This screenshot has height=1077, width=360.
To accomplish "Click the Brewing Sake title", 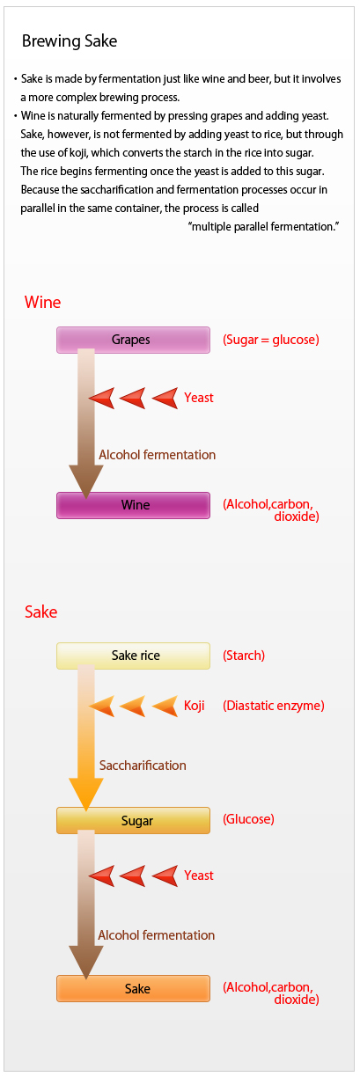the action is click(x=70, y=41).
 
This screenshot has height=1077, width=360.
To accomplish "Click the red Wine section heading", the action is click(x=43, y=303).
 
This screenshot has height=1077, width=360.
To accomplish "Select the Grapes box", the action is click(x=133, y=340).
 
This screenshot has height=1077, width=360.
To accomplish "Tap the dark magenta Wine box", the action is click(x=133, y=505).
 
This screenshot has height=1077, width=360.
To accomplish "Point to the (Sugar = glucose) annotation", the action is click(x=271, y=340).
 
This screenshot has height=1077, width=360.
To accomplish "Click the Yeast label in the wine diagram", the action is click(x=199, y=398).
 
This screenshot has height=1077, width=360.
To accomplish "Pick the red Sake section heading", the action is click(x=40, y=612).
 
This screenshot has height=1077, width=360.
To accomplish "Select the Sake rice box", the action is click(x=133, y=656).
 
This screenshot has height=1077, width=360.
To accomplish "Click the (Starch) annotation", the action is click(x=244, y=656).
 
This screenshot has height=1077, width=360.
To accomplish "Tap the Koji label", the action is click(x=195, y=706).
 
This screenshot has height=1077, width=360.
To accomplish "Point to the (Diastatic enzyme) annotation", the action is click(x=274, y=706).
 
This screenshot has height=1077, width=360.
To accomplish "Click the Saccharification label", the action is click(x=143, y=766).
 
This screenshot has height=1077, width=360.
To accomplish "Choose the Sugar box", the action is click(x=133, y=820).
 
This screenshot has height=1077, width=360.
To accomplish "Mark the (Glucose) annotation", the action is click(x=248, y=819).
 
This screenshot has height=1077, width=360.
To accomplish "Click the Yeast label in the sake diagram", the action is click(x=199, y=875).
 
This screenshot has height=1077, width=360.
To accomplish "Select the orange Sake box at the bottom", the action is click(x=133, y=988).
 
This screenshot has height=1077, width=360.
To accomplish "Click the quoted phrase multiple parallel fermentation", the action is click(x=264, y=226).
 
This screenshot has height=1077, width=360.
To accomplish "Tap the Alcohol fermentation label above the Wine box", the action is click(x=157, y=455).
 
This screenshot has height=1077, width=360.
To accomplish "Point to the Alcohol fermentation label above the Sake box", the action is click(x=157, y=935).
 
